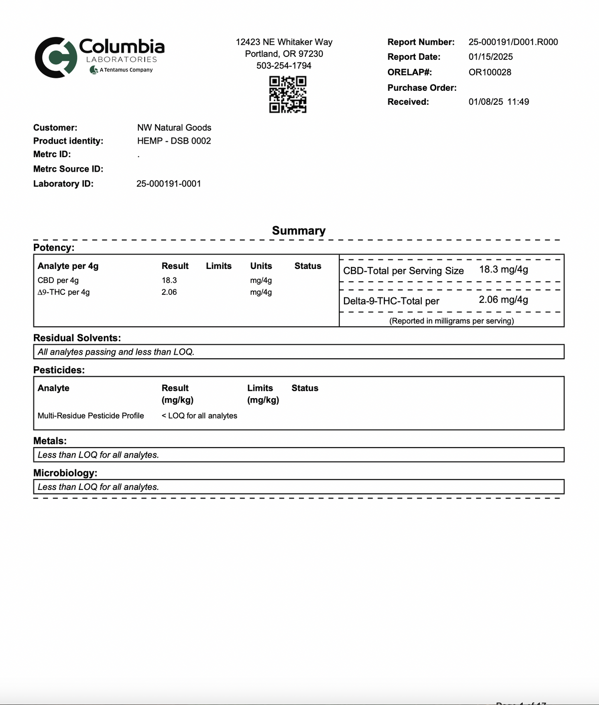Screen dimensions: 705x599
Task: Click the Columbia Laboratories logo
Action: point(99,57)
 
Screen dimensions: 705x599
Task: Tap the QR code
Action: point(288,94)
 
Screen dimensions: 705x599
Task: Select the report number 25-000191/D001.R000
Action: point(513,42)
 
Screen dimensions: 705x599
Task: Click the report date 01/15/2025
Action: point(491,57)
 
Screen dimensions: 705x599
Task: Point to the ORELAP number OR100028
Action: point(490,72)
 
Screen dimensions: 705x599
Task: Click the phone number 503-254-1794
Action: point(284,65)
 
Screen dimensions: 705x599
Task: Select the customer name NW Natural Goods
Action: point(174,128)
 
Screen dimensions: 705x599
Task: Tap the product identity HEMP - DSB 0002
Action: point(174,141)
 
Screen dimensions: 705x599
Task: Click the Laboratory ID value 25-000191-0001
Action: point(169,184)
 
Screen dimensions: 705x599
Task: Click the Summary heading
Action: point(299,231)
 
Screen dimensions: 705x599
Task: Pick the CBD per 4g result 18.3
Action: point(169,280)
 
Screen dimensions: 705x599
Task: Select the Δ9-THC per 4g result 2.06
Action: point(169,292)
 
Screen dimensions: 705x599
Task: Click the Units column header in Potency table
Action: point(261,266)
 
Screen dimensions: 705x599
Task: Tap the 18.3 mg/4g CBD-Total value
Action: point(504,269)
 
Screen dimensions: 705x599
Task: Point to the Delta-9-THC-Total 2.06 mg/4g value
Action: point(504,299)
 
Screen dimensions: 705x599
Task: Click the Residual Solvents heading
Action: point(77,338)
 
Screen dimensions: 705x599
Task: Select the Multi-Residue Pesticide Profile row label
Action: point(91,416)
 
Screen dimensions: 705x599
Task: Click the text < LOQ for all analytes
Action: point(199,416)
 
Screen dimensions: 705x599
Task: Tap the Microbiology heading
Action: point(65,472)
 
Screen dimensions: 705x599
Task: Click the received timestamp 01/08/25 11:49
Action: point(499,102)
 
